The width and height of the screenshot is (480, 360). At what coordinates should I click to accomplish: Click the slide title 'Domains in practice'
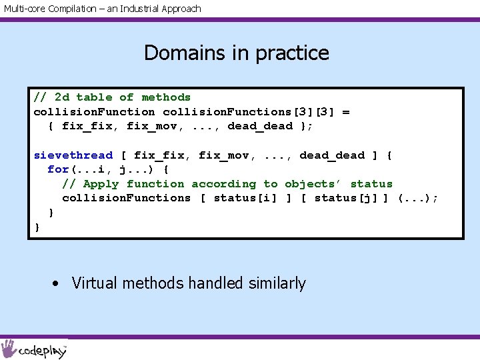(x=237, y=53)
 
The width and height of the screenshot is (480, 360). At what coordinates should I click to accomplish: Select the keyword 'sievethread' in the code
(x=73, y=155)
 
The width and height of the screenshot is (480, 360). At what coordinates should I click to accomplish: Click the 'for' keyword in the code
(x=58, y=169)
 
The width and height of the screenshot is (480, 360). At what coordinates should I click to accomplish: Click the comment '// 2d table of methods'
(x=112, y=97)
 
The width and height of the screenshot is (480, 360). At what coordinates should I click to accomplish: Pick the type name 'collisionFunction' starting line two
(x=94, y=112)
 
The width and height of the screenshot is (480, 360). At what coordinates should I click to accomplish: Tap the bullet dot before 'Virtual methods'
(x=57, y=284)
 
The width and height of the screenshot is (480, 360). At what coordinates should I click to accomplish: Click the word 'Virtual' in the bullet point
(x=93, y=283)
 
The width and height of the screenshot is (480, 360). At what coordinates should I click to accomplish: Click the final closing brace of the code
(x=37, y=227)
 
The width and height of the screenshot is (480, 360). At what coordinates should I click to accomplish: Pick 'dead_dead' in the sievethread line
(x=332, y=155)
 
